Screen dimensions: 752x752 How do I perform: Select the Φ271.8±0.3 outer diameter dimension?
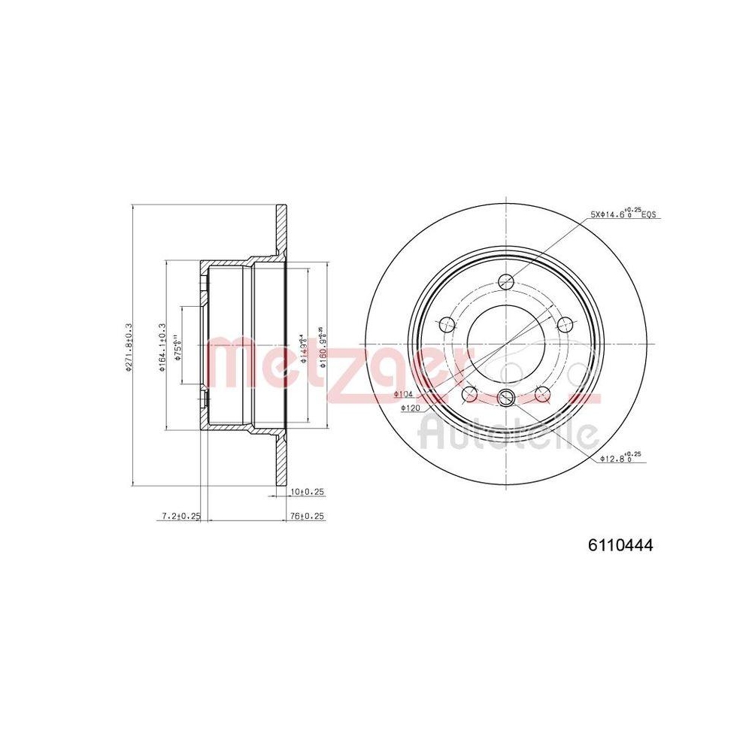tap(129, 346)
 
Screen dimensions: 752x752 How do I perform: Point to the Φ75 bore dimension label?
tap(177, 348)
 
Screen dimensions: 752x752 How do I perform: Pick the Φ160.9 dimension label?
tap(321, 346)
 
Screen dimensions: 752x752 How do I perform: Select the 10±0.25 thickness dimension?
tap(307, 492)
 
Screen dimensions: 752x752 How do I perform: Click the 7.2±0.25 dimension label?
tap(181, 517)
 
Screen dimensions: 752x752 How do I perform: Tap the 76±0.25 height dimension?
tap(307, 517)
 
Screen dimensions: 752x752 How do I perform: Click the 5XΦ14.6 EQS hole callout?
tap(623, 214)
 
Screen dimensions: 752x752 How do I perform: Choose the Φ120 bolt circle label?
tap(410, 408)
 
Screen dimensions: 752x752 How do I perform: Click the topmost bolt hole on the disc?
tap(507, 282)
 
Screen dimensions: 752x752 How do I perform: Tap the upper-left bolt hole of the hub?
tap(447, 325)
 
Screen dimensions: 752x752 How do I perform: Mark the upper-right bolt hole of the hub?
tap(566, 325)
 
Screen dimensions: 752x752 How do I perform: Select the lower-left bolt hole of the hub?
tap(470, 394)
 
